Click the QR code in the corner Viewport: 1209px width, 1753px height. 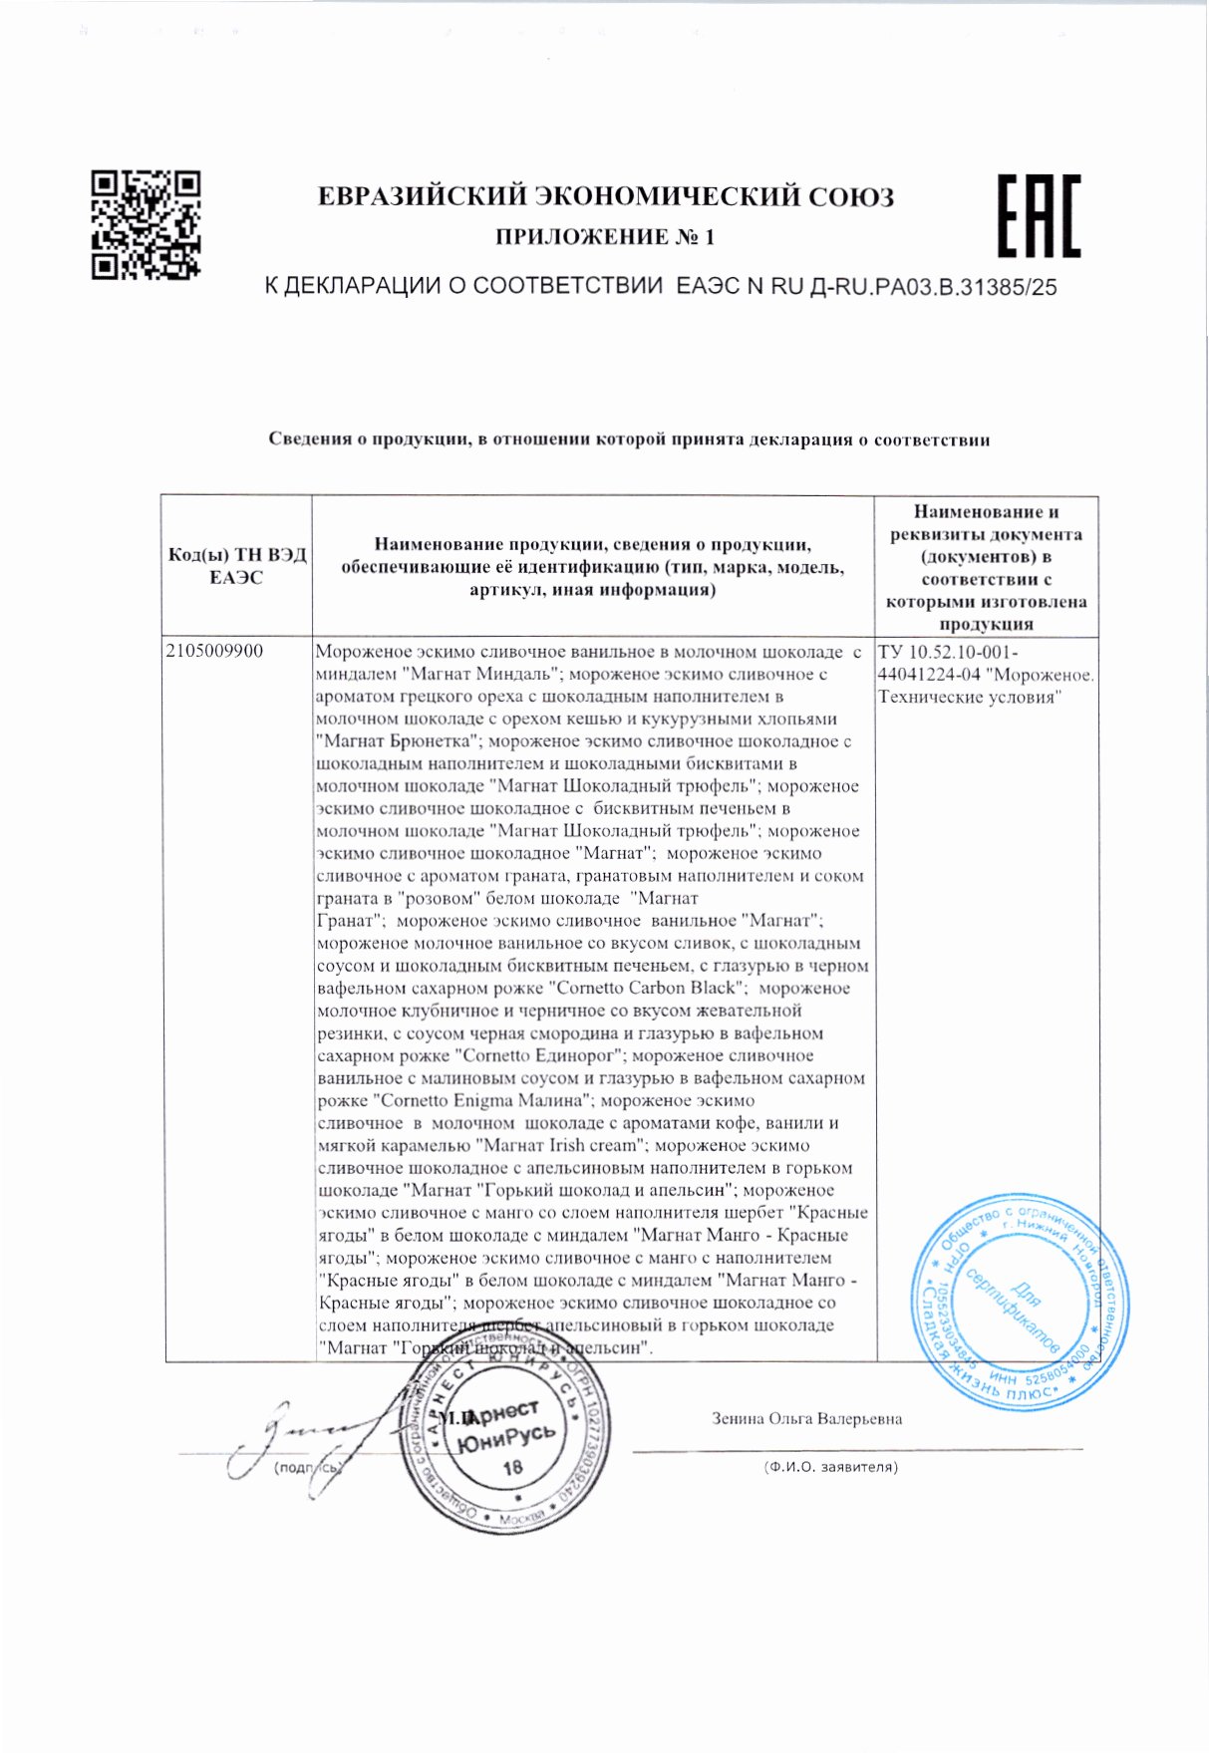click(x=146, y=225)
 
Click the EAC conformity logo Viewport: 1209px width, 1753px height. click(x=1039, y=216)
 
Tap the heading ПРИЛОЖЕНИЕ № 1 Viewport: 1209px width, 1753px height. click(x=605, y=237)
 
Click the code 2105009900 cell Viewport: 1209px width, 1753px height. click(x=215, y=652)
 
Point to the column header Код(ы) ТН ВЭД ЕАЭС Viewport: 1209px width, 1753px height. click(x=237, y=566)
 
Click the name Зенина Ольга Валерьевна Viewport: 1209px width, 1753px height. click(x=806, y=1418)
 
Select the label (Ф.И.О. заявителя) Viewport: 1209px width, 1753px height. click(x=829, y=1466)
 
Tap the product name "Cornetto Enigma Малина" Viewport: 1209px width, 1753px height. click(x=483, y=1100)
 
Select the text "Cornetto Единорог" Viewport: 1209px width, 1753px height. click(x=539, y=1055)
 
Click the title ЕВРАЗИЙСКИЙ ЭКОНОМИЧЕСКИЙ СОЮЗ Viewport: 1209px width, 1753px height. click(x=605, y=196)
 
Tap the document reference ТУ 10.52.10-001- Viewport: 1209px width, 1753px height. click(x=948, y=652)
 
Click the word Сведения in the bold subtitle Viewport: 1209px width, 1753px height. click(x=311, y=439)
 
